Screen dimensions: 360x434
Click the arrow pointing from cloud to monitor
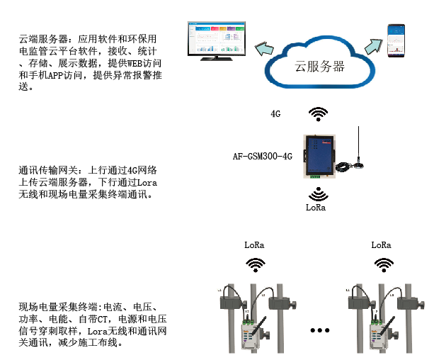coord(264,50)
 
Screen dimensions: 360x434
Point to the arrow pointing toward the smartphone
coord(373,48)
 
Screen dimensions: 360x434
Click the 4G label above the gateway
coord(276,113)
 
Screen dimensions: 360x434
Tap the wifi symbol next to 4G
coord(319,113)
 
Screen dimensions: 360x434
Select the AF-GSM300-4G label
coord(263,156)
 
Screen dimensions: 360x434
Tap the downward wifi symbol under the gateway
coord(319,194)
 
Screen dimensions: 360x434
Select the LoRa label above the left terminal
coord(254,245)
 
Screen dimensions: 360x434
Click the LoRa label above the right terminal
coord(382,245)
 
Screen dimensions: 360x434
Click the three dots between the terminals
coord(320,330)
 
